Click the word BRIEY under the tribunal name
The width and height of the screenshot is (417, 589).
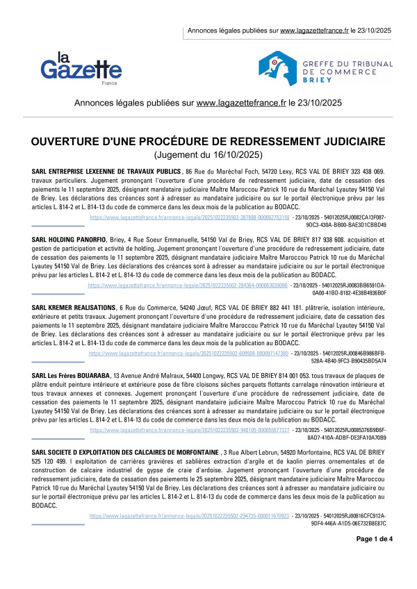[x=316, y=81]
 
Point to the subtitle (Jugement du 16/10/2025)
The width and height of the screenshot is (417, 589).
[x=208, y=155]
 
